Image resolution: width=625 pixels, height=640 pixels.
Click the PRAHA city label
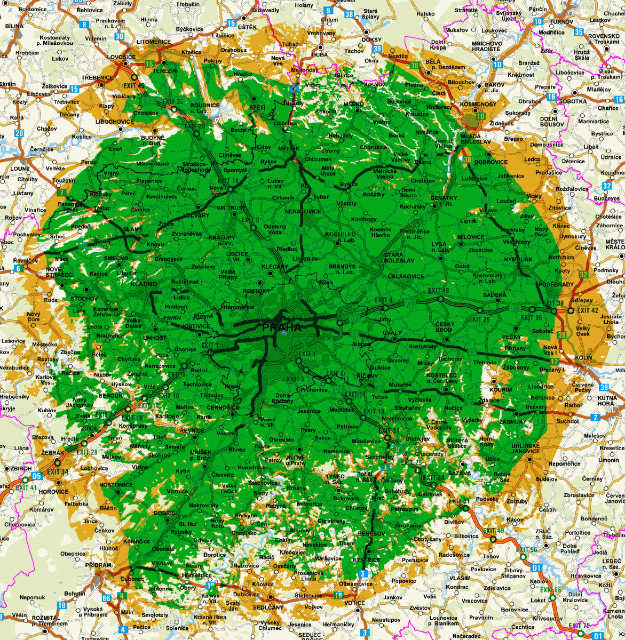pyautogui.click(x=281, y=327)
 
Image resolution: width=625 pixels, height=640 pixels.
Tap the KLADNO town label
pyautogui.click(x=144, y=284)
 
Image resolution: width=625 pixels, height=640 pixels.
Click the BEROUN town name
pyautogui.click(x=111, y=396)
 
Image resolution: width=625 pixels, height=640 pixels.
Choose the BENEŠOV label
pyautogui.click(x=371, y=533)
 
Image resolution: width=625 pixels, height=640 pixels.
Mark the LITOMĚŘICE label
pyautogui.click(x=154, y=42)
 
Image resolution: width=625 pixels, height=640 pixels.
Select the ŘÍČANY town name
pyautogui.click(x=367, y=376)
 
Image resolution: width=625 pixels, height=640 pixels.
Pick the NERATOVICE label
pyautogui.click(x=303, y=211)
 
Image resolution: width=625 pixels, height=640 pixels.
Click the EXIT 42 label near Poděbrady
pyautogui.click(x=588, y=310)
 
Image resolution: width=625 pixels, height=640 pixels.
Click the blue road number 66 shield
pyautogui.click(x=107, y=598)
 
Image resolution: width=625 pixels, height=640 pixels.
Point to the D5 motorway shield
pyautogui.click(x=36, y=476)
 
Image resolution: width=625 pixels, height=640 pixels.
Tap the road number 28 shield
pyautogui.click(x=19, y=133)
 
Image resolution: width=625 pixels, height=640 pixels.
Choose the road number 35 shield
pyautogui.click(x=579, y=32)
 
